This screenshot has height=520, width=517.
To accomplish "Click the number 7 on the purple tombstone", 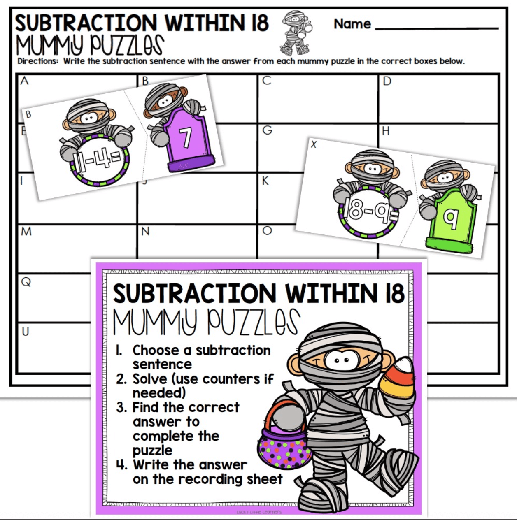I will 186,137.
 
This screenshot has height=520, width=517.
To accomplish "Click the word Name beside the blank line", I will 352,24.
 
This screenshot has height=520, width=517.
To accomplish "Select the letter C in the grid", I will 267,81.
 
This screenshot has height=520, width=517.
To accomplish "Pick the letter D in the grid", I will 387,81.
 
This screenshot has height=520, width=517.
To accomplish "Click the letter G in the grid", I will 267,130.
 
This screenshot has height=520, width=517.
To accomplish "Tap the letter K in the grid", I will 265,181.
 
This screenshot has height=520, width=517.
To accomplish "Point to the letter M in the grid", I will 26,232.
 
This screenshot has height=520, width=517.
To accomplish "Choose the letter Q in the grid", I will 26,282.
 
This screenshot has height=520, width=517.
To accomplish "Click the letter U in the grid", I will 26,332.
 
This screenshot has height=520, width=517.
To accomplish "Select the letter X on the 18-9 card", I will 314,144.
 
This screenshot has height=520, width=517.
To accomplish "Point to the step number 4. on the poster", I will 122,465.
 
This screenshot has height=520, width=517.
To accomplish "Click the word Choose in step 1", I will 156,350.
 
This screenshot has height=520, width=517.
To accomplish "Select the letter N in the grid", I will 145,232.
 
